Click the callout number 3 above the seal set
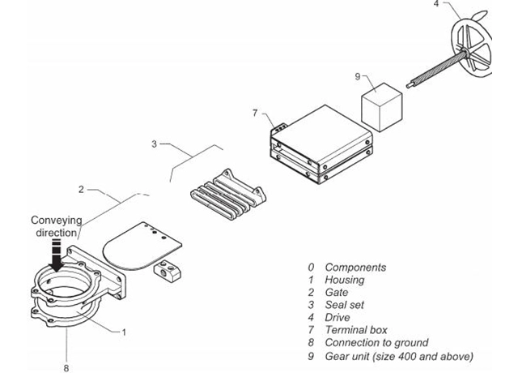click(x=154, y=144)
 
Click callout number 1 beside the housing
click(x=124, y=332)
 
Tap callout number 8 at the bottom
click(x=66, y=367)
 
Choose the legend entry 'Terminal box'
click(x=356, y=330)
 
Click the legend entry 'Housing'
click(x=344, y=280)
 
